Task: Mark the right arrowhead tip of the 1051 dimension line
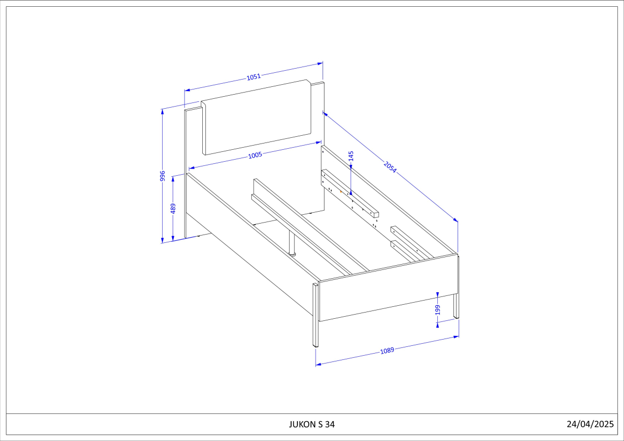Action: click(x=322, y=63)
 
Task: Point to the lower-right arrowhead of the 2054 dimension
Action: click(x=458, y=222)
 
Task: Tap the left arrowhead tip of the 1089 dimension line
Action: click(x=316, y=365)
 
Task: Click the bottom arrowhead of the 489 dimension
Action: click(x=173, y=241)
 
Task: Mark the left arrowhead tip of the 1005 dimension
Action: click(x=189, y=168)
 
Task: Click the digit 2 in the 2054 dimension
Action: click(x=386, y=163)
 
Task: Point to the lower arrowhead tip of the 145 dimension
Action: click(x=350, y=195)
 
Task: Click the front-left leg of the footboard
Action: click(x=316, y=315)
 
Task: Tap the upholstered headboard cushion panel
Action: click(x=256, y=118)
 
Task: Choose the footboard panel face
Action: click(x=388, y=288)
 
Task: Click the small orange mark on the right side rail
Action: click(x=341, y=192)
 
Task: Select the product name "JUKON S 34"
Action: click(x=311, y=424)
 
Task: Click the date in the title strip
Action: click(x=590, y=424)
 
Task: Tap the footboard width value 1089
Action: click(x=387, y=351)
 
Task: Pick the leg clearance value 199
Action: click(x=438, y=310)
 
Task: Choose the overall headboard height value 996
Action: click(x=162, y=176)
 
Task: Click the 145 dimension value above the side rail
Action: click(x=351, y=156)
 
